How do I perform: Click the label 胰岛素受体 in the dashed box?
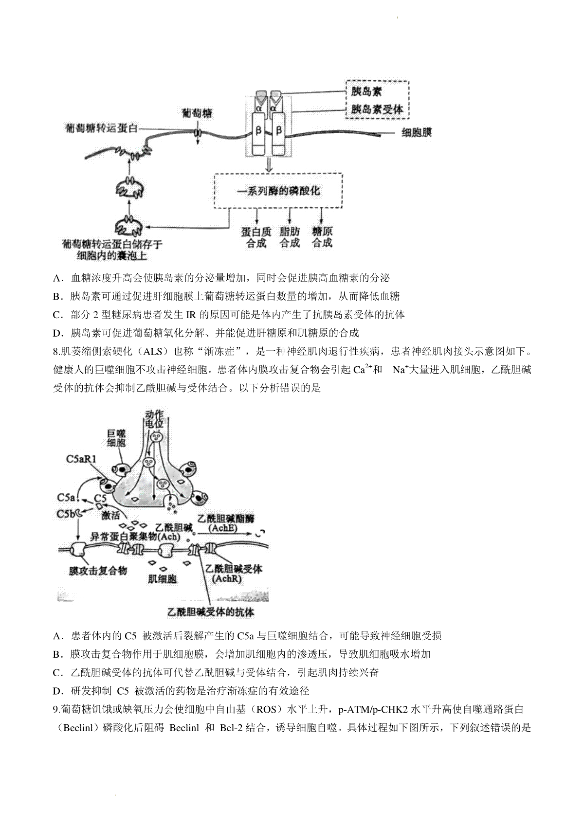coord(377,109)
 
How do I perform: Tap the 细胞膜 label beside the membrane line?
coord(416,132)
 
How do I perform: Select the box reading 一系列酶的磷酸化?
coord(278,191)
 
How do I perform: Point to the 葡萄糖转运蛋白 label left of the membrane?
coord(101,128)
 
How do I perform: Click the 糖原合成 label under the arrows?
coord(322,237)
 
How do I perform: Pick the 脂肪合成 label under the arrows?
coord(290,237)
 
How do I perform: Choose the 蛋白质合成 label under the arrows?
coord(256,237)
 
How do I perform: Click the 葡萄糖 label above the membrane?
coord(198,113)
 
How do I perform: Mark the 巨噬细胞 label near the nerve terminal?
coord(116,438)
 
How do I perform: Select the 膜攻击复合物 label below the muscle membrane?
coord(98,571)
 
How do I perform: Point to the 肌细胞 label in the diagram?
coord(162,578)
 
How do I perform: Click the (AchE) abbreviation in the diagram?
coord(223,528)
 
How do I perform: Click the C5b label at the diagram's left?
coord(66,514)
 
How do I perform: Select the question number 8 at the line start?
coord(57,351)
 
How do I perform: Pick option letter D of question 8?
coord(57,691)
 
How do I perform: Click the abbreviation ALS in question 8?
coord(152,351)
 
